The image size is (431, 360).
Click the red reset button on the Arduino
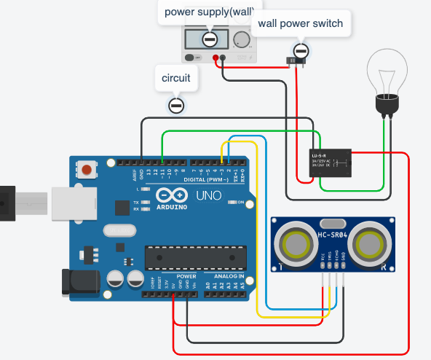click(x=87, y=171)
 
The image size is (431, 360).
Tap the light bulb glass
click(x=386, y=69)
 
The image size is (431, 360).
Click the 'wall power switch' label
click(x=298, y=23)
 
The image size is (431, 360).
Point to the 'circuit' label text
click(x=175, y=79)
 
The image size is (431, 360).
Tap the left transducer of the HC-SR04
click(x=297, y=243)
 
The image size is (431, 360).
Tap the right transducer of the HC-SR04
click(x=369, y=243)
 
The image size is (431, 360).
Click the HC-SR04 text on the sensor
click(x=334, y=235)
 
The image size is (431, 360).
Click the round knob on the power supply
click(x=241, y=39)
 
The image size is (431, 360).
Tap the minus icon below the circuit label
click(x=176, y=106)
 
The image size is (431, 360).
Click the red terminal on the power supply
click(x=215, y=58)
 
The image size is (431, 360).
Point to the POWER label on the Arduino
click(x=186, y=277)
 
